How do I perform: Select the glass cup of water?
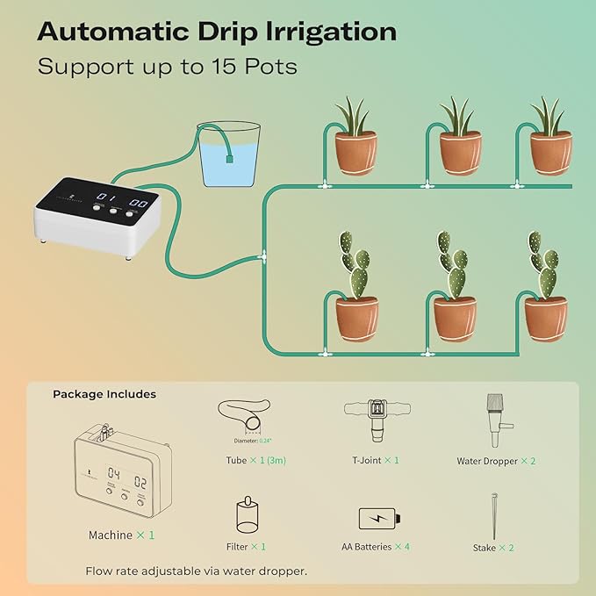click(229, 154)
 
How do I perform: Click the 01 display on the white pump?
click(105, 199)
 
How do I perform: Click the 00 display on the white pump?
click(138, 203)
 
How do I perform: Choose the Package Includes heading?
click(104, 394)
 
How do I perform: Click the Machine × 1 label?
click(122, 535)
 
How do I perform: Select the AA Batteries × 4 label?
click(376, 547)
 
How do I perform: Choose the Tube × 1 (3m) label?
click(255, 460)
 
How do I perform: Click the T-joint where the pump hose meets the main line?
click(262, 257)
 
